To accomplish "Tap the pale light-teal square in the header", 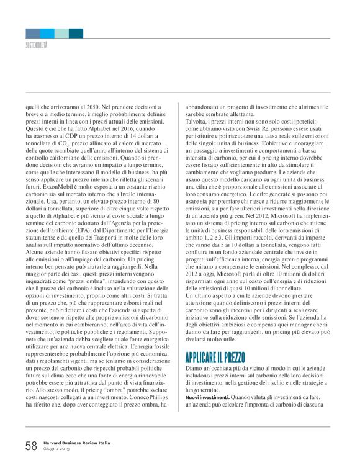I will tap(61, 33).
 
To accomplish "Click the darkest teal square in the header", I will tap(76, 33).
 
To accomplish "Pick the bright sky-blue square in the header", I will tap(47, 33).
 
